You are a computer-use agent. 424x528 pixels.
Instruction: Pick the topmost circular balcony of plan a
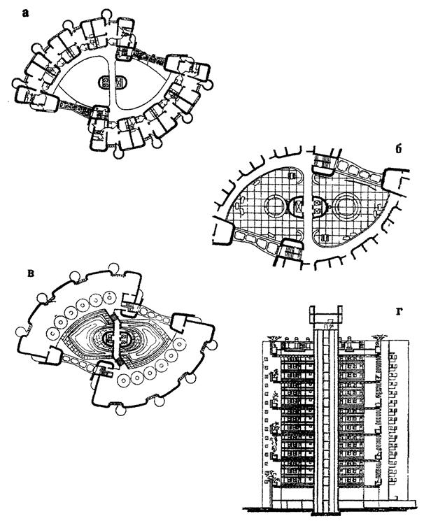tap(108, 13)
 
